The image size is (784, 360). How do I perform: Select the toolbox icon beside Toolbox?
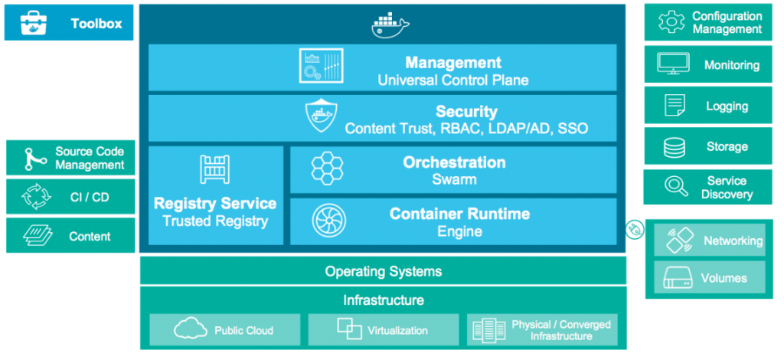[x=32, y=23]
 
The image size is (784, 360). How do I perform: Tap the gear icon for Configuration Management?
[x=671, y=22]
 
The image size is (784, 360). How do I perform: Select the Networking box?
[x=710, y=241]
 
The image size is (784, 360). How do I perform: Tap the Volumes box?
[x=710, y=278]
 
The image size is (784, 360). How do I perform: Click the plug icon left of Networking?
[x=634, y=228]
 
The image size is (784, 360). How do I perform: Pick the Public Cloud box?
[x=224, y=330]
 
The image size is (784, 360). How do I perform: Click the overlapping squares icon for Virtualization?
[x=349, y=329]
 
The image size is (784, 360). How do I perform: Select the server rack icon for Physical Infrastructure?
[x=488, y=330]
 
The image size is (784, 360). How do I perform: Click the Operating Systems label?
[x=383, y=271]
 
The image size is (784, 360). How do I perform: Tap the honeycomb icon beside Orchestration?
[x=327, y=170]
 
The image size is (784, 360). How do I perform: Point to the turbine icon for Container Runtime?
[x=327, y=221]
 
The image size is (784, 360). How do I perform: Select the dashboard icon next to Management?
[x=320, y=66]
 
